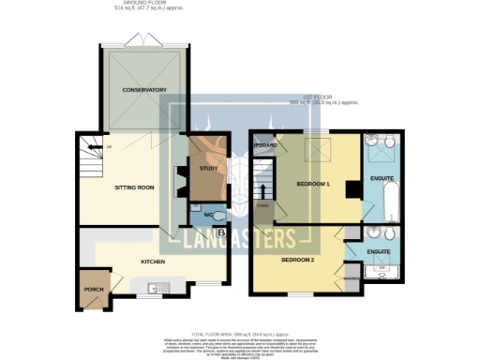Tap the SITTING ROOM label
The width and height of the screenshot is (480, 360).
[x=133, y=187]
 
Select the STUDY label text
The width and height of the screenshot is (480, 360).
[x=208, y=168]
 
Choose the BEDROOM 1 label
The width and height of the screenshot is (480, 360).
[x=314, y=183]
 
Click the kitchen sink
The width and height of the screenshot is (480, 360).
[x=159, y=287]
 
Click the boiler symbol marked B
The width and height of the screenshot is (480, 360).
[x=220, y=232]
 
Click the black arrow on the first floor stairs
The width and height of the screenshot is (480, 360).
[x=262, y=191]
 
